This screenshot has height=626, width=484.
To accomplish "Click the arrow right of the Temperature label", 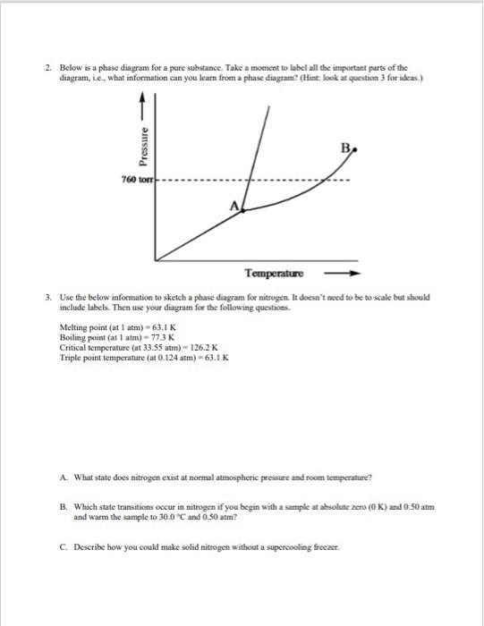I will (x=347, y=269).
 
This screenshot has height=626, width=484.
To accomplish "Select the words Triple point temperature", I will (x=98, y=357).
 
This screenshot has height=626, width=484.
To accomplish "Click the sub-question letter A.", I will (x=64, y=477).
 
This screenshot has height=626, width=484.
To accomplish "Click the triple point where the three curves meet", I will (x=243, y=211).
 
